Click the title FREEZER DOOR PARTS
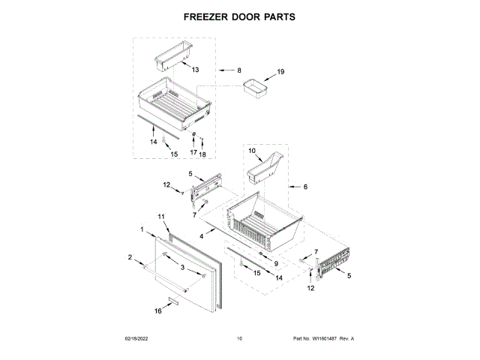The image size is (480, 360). tap(239, 16)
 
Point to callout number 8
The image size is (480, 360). tap(238, 70)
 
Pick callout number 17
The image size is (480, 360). tap(193, 152)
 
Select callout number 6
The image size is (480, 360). tap(305, 187)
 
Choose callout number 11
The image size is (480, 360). tap(161, 217)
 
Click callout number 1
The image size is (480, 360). tap(142, 229)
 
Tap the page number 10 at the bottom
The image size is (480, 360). tap(239, 339)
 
